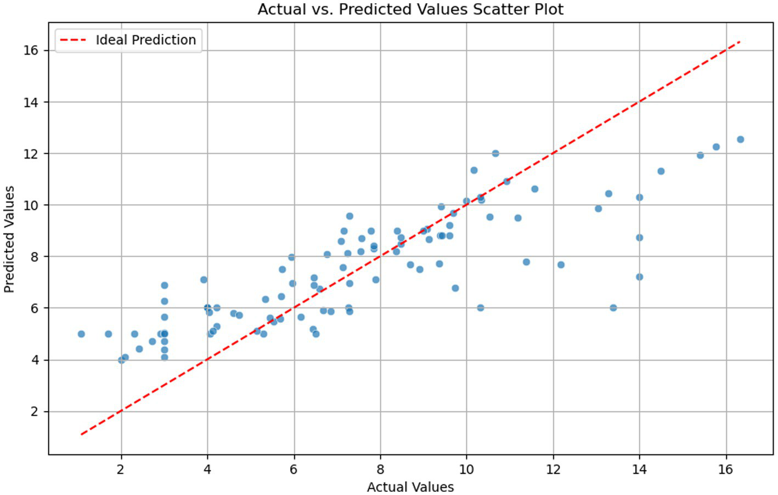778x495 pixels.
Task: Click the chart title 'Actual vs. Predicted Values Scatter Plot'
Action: (x=410, y=9)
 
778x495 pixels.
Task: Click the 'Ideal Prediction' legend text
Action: (x=145, y=40)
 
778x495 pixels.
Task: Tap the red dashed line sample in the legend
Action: (x=73, y=40)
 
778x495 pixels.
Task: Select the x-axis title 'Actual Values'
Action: (x=410, y=487)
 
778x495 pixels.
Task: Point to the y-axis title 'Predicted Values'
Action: (x=9, y=239)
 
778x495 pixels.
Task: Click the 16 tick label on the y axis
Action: (x=31, y=50)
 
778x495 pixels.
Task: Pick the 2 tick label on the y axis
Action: (x=34, y=412)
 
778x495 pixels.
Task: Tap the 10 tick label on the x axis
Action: (x=466, y=469)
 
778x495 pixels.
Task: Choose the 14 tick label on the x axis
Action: (x=639, y=469)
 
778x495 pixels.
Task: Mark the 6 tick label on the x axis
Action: (x=294, y=469)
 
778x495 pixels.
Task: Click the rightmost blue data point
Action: (x=740, y=139)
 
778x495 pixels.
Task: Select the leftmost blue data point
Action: (x=81, y=334)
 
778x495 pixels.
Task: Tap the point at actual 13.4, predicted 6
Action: (x=613, y=308)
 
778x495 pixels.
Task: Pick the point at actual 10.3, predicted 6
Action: (x=481, y=308)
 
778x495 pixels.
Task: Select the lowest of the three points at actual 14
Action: (x=639, y=277)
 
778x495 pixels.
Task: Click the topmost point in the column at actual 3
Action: (x=164, y=285)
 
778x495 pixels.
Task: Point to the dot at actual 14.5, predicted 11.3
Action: (x=661, y=171)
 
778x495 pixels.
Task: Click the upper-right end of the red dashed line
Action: (x=740, y=42)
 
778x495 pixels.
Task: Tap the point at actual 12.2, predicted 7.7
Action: (x=561, y=265)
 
